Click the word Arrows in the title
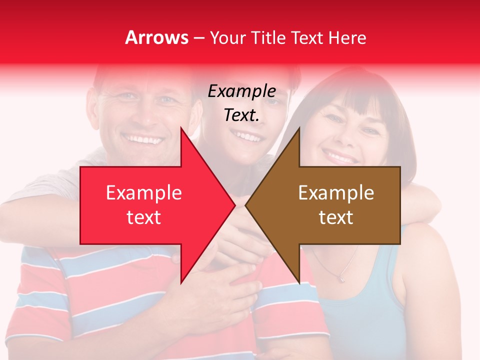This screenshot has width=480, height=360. pyautogui.click(x=157, y=37)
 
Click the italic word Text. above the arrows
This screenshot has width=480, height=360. pyautogui.click(x=241, y=115)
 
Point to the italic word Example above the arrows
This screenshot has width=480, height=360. pyautogui.click(x=241, y=91)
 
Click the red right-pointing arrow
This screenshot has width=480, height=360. pyautogui.click(x=150, y=205)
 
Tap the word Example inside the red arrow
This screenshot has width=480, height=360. pyautogui.click(x=143, y=192)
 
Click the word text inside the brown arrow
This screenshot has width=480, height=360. pyautogui.click(x=336, y=217)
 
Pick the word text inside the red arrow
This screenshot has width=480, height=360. pyautogui.click(x=143, y=217)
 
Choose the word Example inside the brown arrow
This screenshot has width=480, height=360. pyautogui.click(x=336, y=192)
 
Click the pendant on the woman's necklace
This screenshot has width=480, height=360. pyautogui.click(x=341, y=277)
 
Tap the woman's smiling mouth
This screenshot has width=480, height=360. pyautogui.click(x=340, y=157)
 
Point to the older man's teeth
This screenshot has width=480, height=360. pyautogui.click(x=144, y=138)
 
